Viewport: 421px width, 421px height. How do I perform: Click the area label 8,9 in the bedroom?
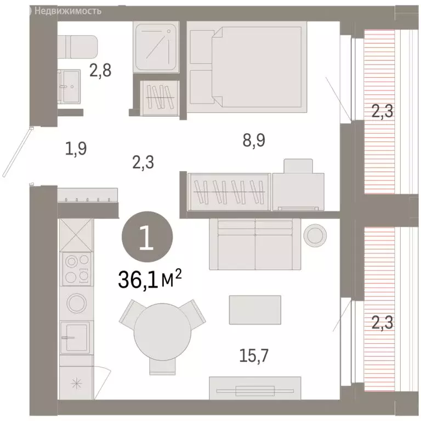pos(254,140)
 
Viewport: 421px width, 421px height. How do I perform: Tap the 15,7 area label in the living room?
pos(253,355)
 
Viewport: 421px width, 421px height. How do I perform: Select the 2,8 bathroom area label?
pos(100,71)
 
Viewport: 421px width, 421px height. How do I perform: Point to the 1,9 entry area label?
pos(76,149)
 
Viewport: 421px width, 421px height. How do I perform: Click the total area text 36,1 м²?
pos(150,278)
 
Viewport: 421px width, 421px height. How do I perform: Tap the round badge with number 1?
pos(147,237)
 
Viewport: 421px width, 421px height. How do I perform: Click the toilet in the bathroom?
pos(78,47)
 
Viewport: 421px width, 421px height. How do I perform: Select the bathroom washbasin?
pos(69,87)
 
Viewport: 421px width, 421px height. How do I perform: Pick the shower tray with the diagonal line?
pos(156,47)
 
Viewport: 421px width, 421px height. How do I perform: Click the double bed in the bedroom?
pos(247,67)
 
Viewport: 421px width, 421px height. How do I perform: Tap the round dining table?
pos(162,332)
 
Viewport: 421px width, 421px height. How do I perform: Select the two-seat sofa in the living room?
pos(255,244)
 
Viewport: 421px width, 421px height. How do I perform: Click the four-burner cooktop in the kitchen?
pos(77,269)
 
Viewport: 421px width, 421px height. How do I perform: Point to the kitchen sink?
pos(75,338)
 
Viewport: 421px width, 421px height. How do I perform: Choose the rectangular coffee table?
pos(255,310)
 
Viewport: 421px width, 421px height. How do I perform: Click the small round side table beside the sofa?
pos(315,236)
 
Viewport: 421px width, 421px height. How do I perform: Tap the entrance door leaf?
pos(18,152)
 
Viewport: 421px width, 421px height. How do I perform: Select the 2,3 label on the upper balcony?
pos(382,111)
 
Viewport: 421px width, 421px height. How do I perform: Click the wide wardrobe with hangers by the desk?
pos(229,192)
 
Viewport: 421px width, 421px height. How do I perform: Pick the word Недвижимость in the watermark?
pos(68,11)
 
